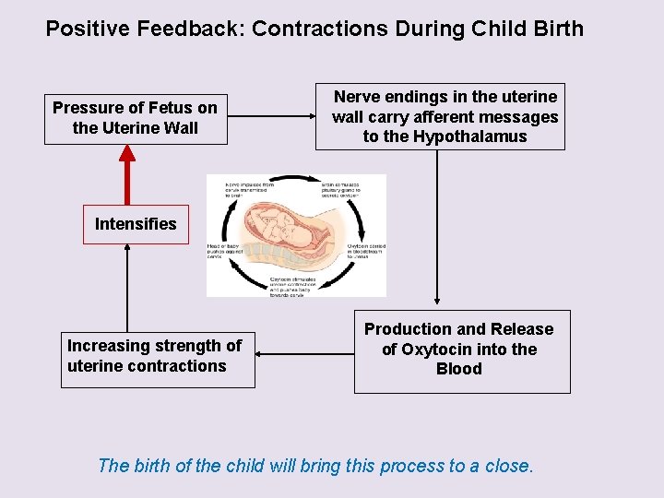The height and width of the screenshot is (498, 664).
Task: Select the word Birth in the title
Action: tap(555, 29)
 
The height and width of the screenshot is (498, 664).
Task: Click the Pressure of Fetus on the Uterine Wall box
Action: tap(136, 118)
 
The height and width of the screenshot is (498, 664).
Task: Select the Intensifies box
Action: tap(136, 224)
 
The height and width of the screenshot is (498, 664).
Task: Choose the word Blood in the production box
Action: tap(459, 369)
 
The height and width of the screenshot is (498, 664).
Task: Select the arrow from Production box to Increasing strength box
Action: tap(304, 351)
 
